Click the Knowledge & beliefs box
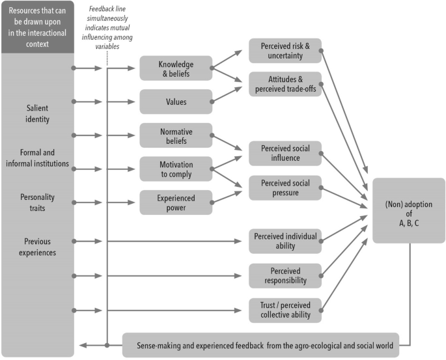click(176, 68)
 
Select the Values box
click(176, 102)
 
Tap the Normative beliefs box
click(176, 135)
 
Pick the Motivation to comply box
click(176, 169)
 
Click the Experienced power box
click(176, 202)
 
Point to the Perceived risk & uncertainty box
click(285, 51)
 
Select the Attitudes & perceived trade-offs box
click(285, 84)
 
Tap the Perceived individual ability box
click(285, 241)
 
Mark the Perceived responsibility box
click(285, 275)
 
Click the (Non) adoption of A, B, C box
click(408, 210)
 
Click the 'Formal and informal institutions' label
click(36, 158)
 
